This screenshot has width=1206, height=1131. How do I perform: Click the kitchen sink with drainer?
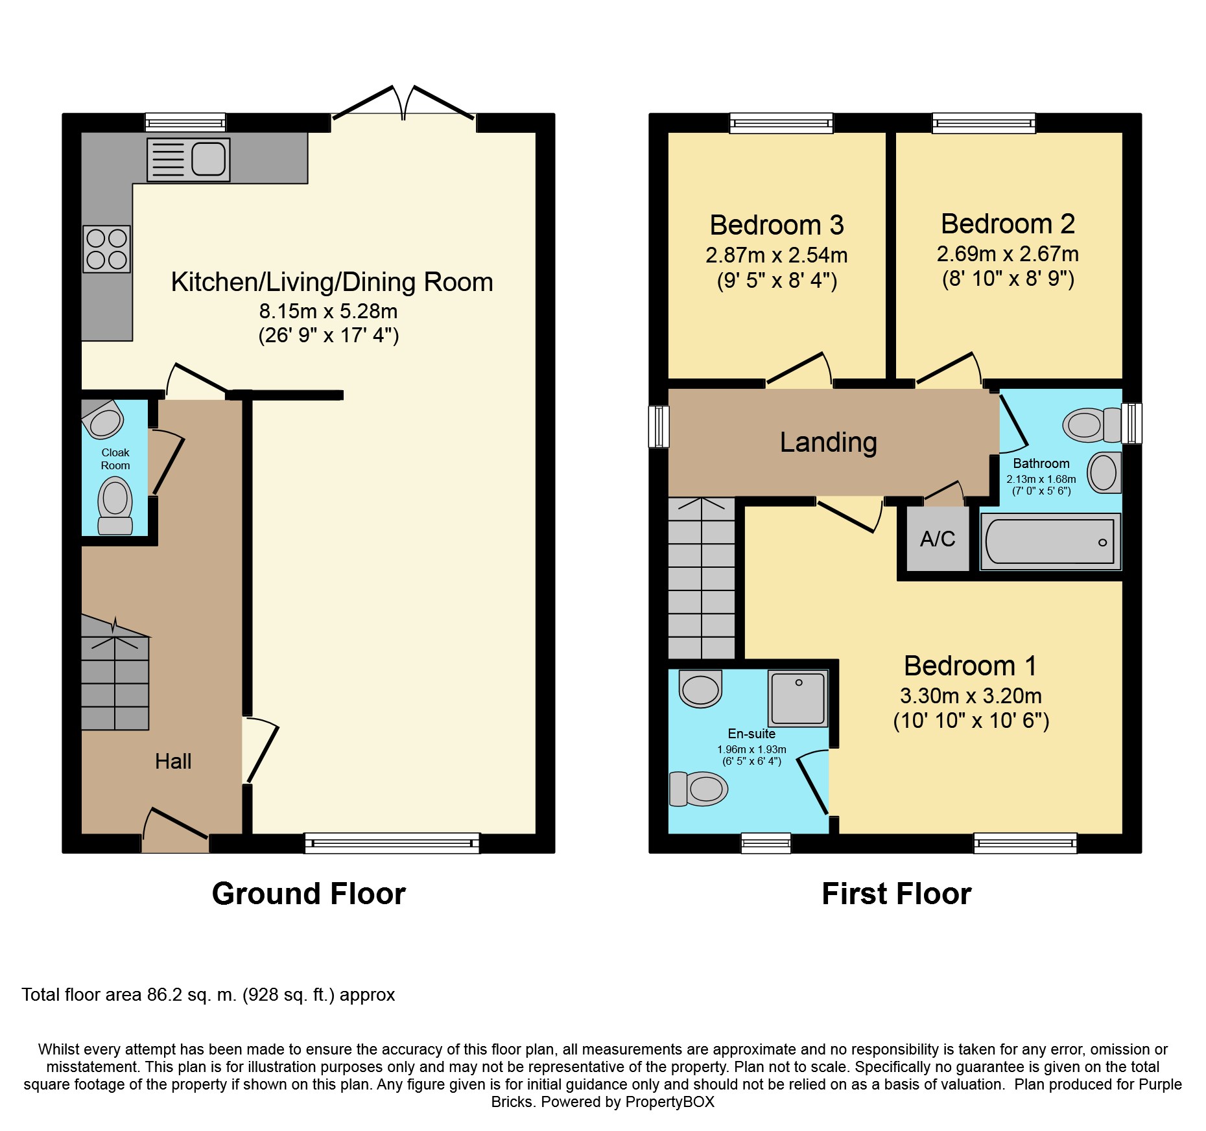coord(188,159)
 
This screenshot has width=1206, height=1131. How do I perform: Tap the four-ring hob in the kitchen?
coord(107,249)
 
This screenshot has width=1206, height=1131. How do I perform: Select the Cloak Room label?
coord(115,459)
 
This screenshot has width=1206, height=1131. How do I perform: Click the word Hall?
coord(173,761)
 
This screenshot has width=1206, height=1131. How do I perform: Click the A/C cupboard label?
coord(938,539)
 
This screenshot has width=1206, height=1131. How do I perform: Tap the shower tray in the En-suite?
coord(798,698)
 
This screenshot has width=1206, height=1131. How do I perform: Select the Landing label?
coord(828,442)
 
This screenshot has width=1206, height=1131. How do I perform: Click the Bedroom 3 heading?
coord(777,225)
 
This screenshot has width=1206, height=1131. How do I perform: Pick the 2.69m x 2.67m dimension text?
coord(1008,253)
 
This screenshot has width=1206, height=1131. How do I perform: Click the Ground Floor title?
coord(309,894)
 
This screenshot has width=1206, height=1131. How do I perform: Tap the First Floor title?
coord(897,894)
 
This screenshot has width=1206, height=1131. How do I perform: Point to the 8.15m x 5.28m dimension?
coord(329,311)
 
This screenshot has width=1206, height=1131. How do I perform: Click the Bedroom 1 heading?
coord(971,666)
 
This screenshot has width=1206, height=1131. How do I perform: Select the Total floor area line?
coord(208,995)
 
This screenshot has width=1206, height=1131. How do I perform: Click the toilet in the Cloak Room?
coord(115,506)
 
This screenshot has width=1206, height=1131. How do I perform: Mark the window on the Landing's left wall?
coord(659,426)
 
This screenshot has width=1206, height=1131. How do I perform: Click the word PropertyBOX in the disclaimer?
coord(670,1102)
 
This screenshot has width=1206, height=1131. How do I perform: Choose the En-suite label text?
coord(751,734)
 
